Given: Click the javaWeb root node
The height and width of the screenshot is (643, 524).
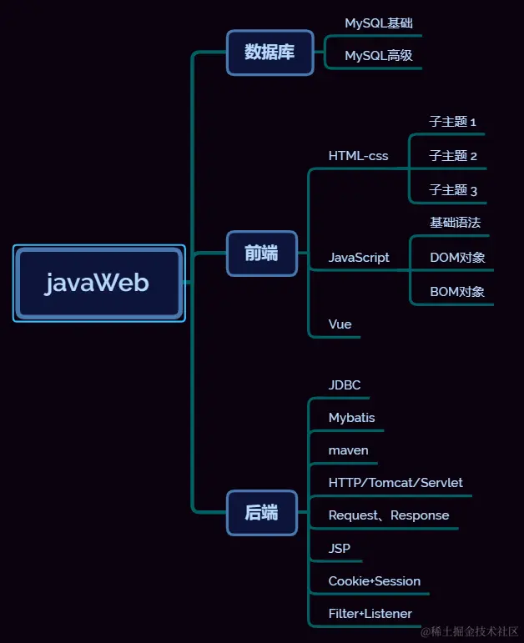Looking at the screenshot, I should coord(98,284).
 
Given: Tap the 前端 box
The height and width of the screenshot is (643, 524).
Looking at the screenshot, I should coord(261,254).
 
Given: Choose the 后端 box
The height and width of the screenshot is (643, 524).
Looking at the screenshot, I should coord(261,513).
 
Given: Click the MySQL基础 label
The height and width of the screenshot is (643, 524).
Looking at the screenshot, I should coord(379,23).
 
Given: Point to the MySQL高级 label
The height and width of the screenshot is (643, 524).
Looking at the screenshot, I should coord(379,56).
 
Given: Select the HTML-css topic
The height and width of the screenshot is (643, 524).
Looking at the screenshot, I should coord(358,156).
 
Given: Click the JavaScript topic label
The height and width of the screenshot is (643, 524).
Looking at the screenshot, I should coord(359,258).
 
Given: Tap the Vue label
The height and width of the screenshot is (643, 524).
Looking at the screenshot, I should coord(340,324).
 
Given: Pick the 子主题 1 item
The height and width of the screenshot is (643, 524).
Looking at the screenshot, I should coord(453,122).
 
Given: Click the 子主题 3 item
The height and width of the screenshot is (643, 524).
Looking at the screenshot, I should coord(453,191).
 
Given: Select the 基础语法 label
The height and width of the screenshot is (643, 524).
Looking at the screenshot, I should coord(455,223).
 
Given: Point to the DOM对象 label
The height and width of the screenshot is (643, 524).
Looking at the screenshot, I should coord(457,258).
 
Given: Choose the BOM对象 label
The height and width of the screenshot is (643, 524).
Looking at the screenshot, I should coord(457,292).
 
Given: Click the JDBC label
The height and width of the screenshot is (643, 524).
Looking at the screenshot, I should coord(344,385).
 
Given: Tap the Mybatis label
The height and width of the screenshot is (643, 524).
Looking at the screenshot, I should coord(351,418).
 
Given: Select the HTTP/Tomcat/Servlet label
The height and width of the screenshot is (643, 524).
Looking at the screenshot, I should coord(396,483).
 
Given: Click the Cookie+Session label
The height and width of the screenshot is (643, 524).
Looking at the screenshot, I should coord(375,581).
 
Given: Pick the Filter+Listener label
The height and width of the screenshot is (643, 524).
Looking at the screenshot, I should coord(370,614).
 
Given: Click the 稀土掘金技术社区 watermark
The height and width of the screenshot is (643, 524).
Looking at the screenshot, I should coord(470,631).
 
